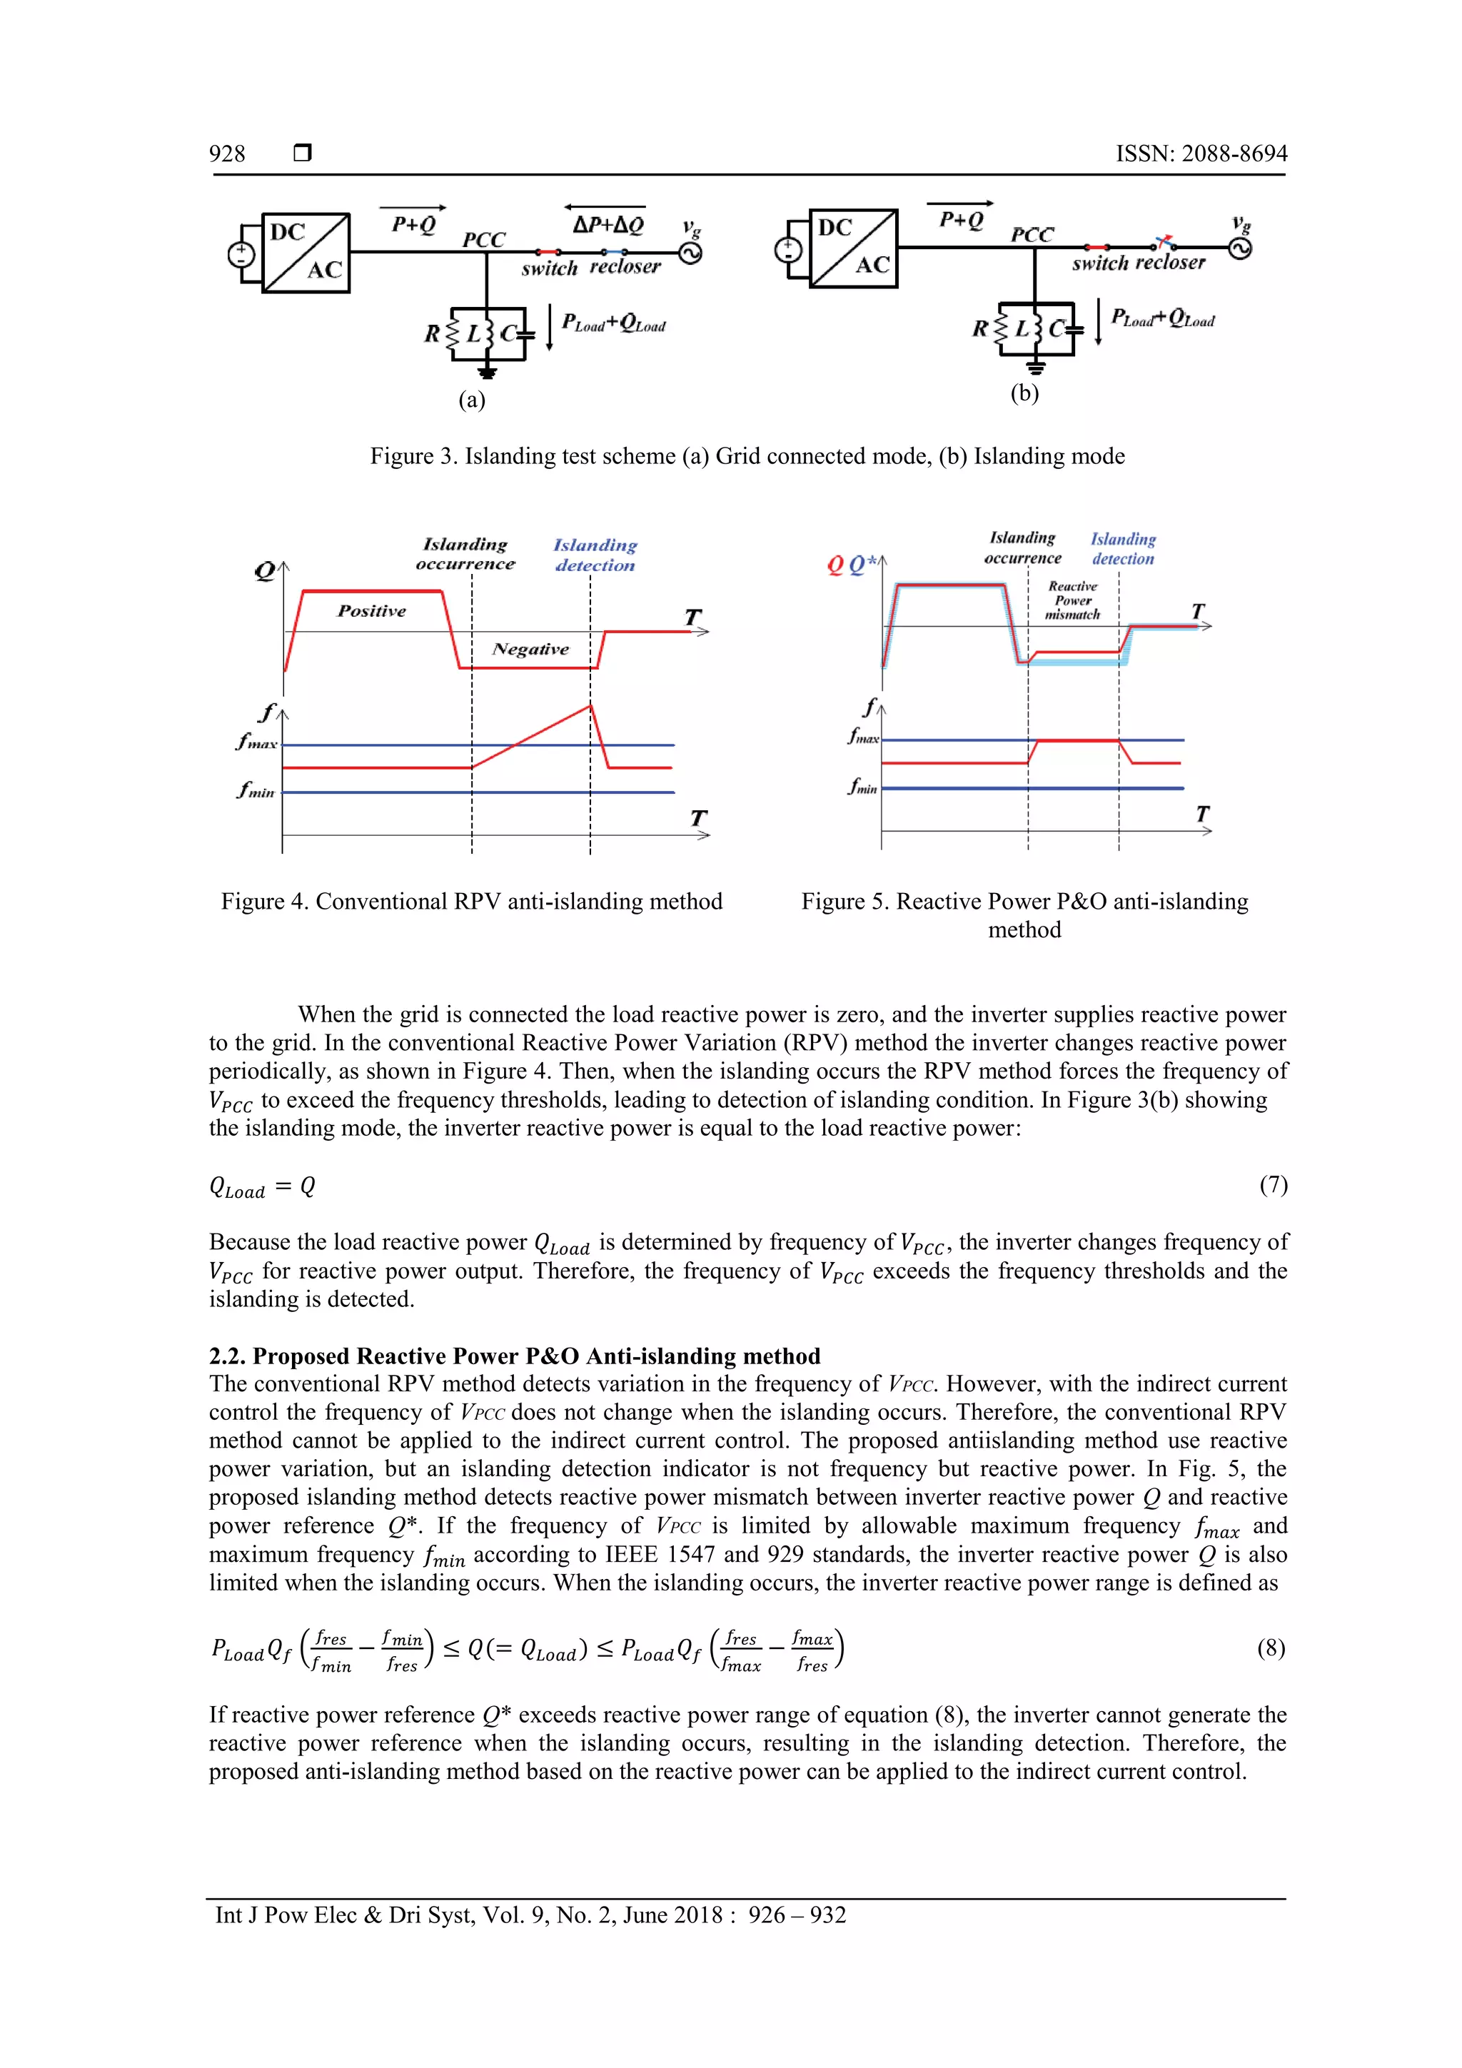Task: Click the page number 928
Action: [x=227, y=154]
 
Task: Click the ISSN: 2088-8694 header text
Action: [x=1201, y=154]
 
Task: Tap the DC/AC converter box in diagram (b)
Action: [x=853, y=248]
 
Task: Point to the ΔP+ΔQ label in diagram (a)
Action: [x=608, y=224]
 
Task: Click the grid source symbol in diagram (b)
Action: [x=1239, y=248]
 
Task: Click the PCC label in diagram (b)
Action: [x=1032, y=235]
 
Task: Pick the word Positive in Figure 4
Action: [x=371, y=610]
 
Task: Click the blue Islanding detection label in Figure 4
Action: [x=595, y=555]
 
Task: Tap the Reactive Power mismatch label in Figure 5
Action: [x=1072, y=600]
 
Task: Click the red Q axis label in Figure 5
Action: [x=835, y=565]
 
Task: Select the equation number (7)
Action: [x=1273, y=1184]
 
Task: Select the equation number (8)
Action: [x=1270, y=1648]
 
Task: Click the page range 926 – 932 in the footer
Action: [x=797, y=1914]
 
